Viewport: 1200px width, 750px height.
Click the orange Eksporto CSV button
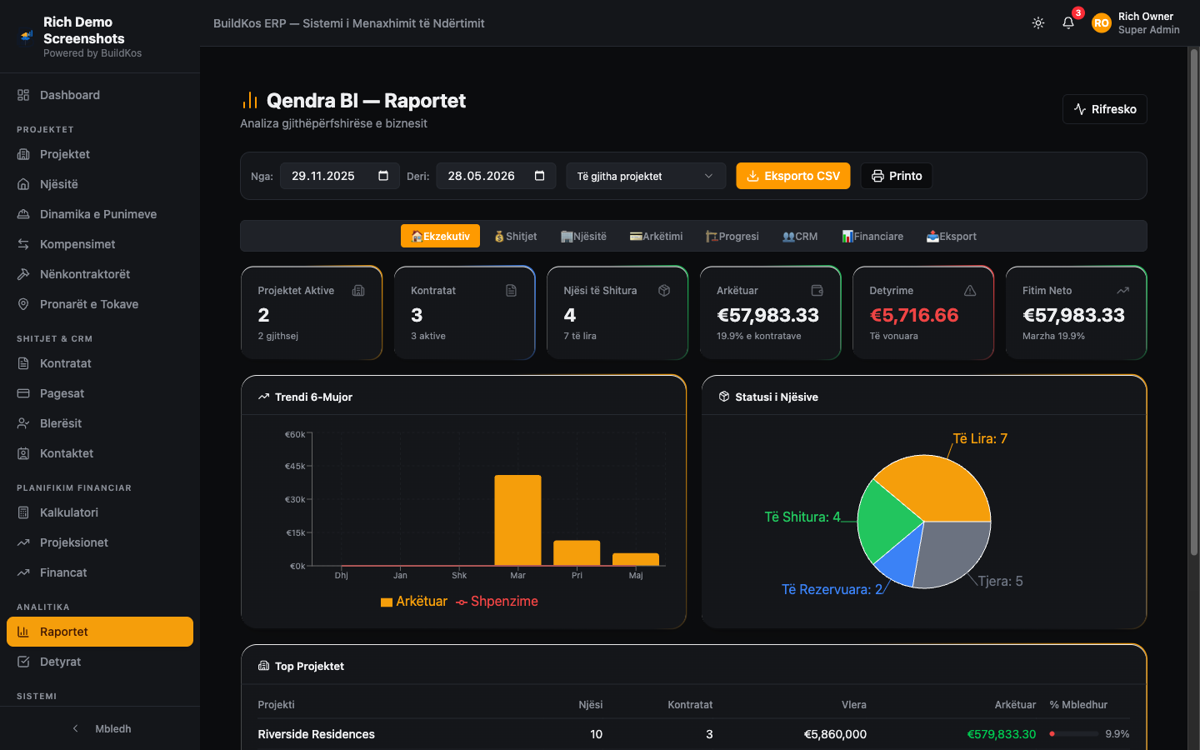[792, 176]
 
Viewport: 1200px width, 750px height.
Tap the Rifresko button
[1105, 109]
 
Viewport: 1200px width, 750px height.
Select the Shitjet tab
[515, 237]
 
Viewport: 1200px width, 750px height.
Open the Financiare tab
[872, 237]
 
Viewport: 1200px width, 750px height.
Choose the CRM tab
[800, 237]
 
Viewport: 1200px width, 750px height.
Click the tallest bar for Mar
[517, 520]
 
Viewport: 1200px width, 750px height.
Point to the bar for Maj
[635, 559]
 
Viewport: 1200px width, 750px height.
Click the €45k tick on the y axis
[296, 466]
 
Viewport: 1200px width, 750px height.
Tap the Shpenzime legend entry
[497, 601]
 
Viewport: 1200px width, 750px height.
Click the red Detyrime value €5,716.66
[914, 315]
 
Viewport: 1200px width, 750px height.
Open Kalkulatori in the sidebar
[69, 512]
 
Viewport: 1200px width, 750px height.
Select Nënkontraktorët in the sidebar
[85, 274]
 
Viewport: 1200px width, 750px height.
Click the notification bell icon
[1068, 23]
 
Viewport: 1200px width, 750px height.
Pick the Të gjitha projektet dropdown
[646, 177]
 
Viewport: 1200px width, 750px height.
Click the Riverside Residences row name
[316, 734]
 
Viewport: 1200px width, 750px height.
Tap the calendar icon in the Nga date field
[383, 176]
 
